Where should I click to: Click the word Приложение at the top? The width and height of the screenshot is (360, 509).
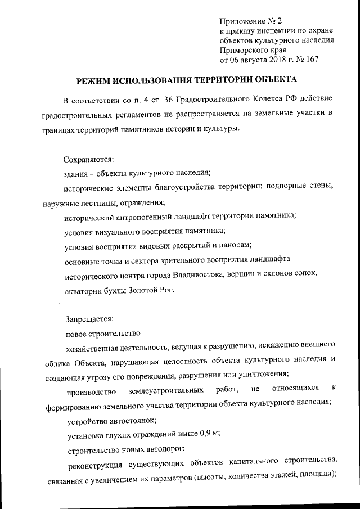click(241, 22)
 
